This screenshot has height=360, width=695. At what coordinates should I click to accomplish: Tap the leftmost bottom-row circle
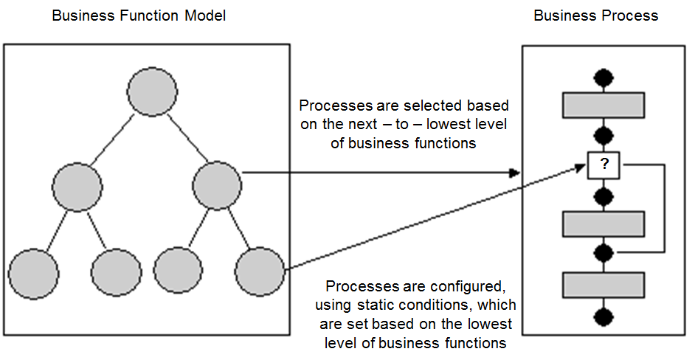click(33, 274)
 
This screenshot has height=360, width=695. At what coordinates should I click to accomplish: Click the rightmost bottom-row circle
click(260, 271)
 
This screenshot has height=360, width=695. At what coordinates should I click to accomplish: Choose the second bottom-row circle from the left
click(116, 273)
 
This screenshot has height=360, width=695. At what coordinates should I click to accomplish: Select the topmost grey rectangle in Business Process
click(604, 105)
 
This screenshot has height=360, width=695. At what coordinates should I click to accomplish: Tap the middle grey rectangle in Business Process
click(604, 224)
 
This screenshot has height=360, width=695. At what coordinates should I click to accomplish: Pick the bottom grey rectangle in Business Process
click(604, 284)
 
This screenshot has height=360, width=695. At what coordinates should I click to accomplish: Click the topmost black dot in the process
click(604, 77)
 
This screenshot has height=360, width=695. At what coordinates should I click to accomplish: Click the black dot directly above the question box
click(604, 135)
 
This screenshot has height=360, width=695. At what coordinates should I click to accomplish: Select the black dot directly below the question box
click(604, 195)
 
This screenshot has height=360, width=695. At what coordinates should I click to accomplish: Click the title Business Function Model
click(139, 15)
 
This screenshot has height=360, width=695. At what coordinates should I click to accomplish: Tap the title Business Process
click(595, 15)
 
